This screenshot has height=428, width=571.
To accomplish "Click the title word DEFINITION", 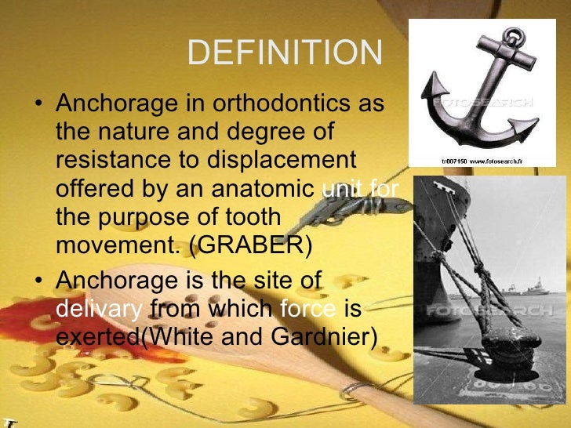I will pyautogui.click(x=285, y=53).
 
